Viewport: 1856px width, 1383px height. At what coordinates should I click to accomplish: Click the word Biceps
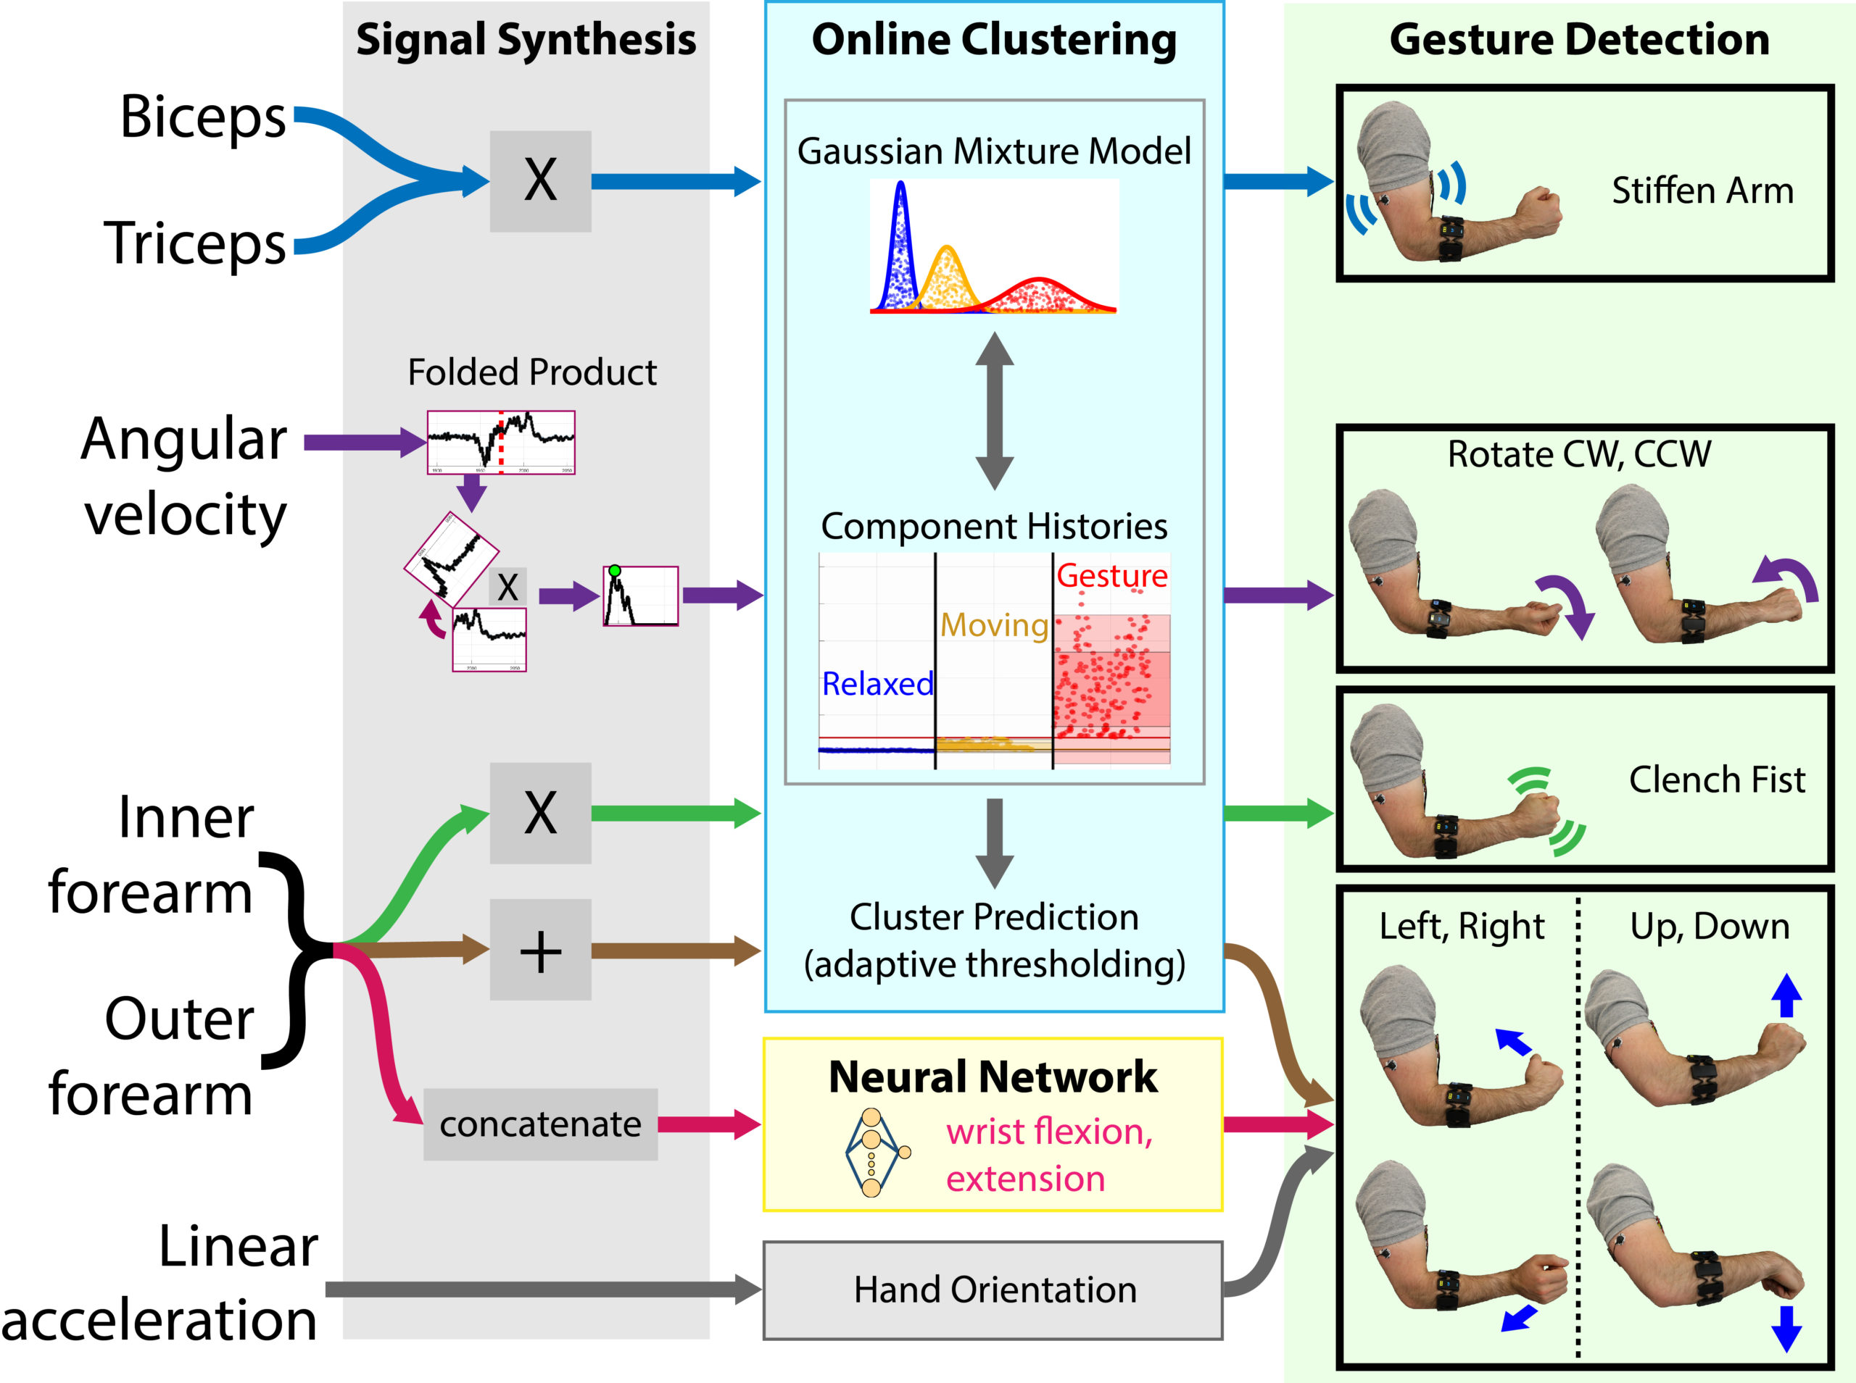pos(203,117)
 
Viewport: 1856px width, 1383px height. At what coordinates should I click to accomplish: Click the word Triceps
pos(194,243)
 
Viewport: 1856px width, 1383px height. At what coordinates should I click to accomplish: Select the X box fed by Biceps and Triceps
pos(540,181)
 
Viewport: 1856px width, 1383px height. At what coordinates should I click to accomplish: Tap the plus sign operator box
pos(540,950)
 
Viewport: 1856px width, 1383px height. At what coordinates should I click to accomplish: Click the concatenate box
pos(540,1124)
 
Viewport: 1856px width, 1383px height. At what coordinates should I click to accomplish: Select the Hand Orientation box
pos(993,1290)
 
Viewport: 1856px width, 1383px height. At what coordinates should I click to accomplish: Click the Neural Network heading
pos(993,1077)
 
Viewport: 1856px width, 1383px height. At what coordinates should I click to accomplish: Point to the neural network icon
pos(874,1153)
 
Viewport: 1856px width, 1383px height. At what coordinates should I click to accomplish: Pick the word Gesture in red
pos(1111,576)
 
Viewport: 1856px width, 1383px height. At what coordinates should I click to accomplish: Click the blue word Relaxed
pos(877,684)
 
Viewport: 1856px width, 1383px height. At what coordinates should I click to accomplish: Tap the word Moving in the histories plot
pos(993,624)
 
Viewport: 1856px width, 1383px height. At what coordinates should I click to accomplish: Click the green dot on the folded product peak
pos(615,571)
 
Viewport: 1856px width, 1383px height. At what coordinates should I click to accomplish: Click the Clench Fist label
pos(1716,780)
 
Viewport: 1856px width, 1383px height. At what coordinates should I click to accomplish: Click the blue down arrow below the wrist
pos(1786,1329)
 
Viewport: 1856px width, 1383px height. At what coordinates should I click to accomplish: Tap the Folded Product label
pos(532,372)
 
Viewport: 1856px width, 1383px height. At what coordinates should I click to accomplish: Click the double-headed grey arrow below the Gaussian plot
pos(994,410)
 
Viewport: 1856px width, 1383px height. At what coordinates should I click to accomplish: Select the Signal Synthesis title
pos(526,39)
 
